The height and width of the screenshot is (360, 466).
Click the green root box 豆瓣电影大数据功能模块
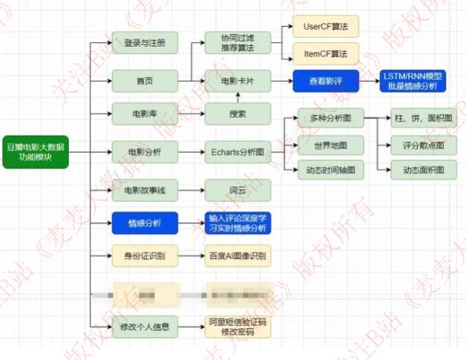(35, 151)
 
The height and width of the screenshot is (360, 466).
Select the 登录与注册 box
(145, 42)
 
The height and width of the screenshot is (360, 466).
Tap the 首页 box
(145, 79)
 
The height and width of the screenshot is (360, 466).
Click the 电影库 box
(145, 114)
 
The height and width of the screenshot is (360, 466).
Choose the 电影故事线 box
(145, 190)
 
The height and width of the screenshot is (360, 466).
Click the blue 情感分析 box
(145, 223)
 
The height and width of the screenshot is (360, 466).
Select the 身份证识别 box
(145, 258)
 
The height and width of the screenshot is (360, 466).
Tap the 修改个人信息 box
(145, 327)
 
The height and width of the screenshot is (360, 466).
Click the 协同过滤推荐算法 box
(237, 42)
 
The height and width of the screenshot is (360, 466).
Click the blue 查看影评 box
(326, 79)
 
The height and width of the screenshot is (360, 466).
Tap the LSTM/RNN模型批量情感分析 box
(413, 81)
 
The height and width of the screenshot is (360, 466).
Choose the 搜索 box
(237, 114)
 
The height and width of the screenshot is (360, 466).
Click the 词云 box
(237, 190)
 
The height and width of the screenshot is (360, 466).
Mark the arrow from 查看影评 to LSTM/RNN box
(368, 79)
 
